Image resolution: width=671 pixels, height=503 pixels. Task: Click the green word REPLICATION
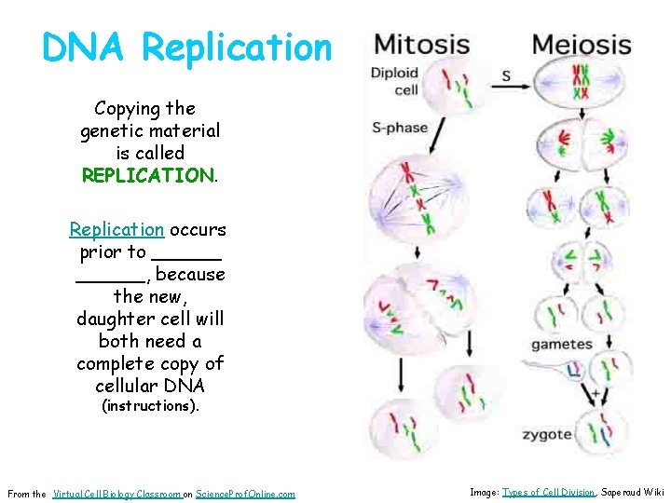pos(147,175)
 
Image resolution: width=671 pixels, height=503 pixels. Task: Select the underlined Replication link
pos(116,229)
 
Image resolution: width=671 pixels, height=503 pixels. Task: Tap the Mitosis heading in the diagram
pos(421,44)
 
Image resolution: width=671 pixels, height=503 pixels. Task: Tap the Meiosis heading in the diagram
pos(582,44)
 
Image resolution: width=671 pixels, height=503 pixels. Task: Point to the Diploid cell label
pos(394,81)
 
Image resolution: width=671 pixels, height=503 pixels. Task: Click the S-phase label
pos(399,128)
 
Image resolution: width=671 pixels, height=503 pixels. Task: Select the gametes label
pos(562,345)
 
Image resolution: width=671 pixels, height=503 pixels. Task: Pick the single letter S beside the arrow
pos(507,76)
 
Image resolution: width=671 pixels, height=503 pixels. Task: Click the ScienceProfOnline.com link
pos(246,494)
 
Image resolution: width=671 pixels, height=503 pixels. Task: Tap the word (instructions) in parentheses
pos(149,406)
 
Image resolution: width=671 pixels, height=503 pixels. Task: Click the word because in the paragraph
pos(191,274)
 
